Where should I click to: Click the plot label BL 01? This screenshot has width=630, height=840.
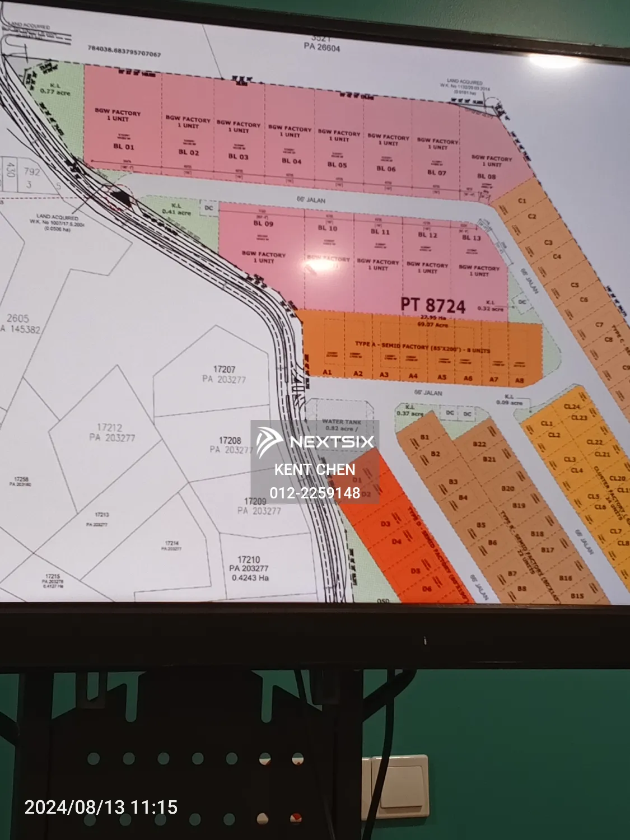pyautogui.click(x=124, y=147)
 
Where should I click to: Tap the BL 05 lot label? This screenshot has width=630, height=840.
pyautogui.click(x=338, y=165)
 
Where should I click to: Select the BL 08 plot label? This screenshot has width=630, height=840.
pyautogui.click(x=486, y=176)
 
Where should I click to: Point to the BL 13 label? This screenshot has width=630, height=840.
pyautogui.click(x=472, y=237)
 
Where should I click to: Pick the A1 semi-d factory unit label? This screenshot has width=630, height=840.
pyautogui.click(x=328, y=372)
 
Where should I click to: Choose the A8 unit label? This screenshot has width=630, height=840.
pyautogui.click(x=519, y=380)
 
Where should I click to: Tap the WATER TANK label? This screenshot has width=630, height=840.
pyautogui.click(x=342, y=422)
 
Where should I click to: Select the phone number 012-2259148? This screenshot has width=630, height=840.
pyautogui.click(x=315, y=493)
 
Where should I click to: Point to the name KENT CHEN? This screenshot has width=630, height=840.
pyautogui.click(x=315, y=469)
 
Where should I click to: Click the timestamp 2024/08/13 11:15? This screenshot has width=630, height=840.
pyautogui.click(x=101, y=807)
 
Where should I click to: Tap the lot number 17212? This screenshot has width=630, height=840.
pyautogui.click(x=109, y=427)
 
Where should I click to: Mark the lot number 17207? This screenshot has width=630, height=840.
pyautogui.click(x=224, y=369)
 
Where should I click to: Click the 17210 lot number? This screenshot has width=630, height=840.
pyautogui.click(x=249, y=559)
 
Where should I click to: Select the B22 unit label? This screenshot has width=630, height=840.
pyautogui.click(x=479, y=444)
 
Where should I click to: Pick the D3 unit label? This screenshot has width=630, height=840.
pyautogui.click(x=385, y=524)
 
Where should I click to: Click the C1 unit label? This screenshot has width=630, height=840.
pyautogui.click(x=522, y=200)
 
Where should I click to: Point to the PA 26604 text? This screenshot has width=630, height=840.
pyautogui.click(x=322, y=48)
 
